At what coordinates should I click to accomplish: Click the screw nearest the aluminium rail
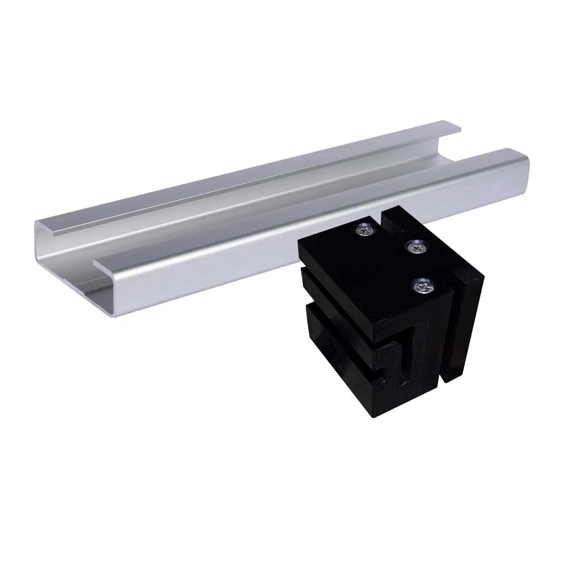click(363, 230)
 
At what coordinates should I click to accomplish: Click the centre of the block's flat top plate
click(369, 269)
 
